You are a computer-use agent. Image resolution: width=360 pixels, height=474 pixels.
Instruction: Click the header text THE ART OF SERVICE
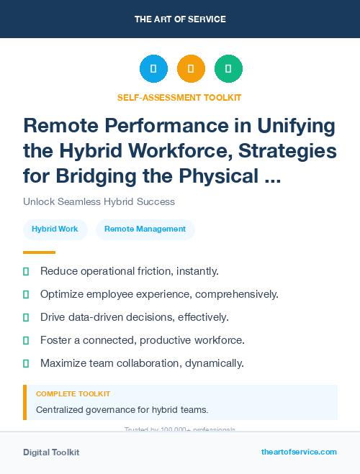(180, 19)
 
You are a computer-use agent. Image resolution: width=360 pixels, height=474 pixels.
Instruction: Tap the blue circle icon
(153, 69)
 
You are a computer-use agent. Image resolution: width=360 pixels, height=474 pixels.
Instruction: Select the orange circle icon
(191, 69)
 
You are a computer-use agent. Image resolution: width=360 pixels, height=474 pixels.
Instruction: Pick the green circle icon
(228, 69)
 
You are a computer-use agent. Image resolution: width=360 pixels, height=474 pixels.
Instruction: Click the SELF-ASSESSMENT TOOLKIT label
(179, 97)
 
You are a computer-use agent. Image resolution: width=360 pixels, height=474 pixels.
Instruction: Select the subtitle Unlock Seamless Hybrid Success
(99, 201)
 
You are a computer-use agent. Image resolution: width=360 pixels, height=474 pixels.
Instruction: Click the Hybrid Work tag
(55, 229)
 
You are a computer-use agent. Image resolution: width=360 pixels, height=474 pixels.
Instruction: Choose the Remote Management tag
(145, 229)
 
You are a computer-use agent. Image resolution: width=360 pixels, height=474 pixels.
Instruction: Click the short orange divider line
(39, 252)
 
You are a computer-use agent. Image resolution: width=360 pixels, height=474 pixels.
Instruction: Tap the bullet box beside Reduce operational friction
(27, 271)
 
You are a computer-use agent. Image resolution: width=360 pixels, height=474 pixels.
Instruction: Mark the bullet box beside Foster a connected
(27, 340)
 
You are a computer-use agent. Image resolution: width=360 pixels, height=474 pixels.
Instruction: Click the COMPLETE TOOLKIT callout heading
(73, 394)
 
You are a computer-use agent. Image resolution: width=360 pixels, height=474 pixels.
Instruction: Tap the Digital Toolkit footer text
(51, 452)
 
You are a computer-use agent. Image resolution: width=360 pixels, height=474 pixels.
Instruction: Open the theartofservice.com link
(299, 452)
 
